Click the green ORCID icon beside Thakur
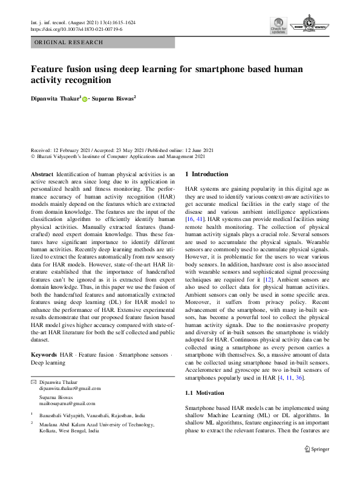[85, 98]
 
